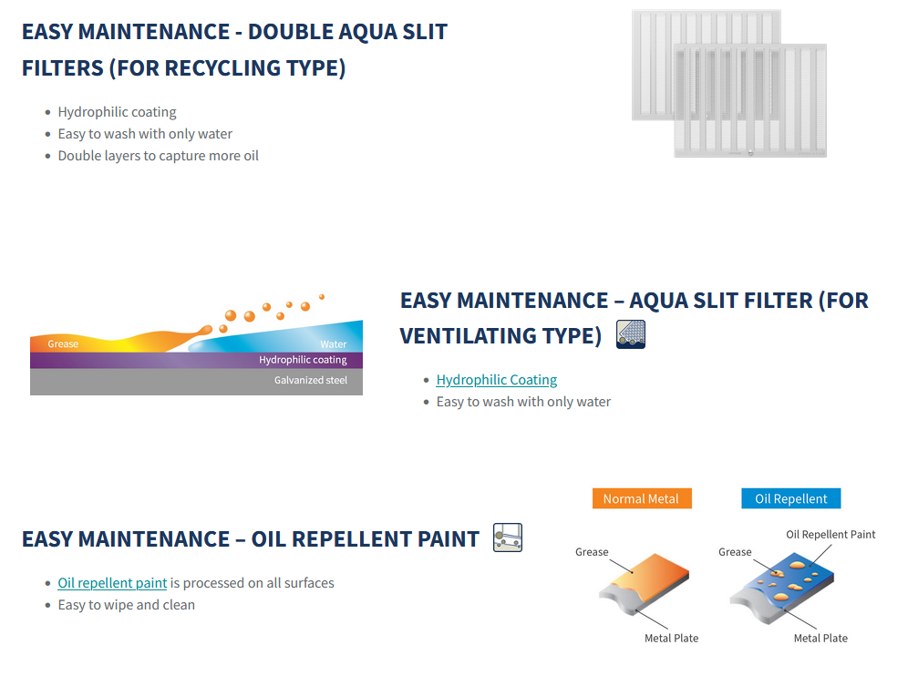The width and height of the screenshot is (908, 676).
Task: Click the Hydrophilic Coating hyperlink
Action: point(496,380)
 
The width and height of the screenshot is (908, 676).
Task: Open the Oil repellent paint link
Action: point(112,583)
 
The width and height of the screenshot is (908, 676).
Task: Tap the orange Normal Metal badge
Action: point(642,498)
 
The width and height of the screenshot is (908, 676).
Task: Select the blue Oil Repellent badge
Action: point(791,498)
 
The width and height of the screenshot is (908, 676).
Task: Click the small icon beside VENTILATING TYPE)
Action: point(631,334)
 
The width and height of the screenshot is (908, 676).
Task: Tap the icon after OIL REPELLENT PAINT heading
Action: point(508,538)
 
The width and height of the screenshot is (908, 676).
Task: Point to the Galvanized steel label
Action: point(311,380)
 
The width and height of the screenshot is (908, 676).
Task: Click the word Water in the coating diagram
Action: point(334,344)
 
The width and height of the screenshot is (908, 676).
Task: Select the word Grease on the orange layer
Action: point(63,343)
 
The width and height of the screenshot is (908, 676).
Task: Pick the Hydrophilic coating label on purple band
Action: point(303,360)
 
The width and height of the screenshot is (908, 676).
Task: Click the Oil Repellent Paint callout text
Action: point(831,534)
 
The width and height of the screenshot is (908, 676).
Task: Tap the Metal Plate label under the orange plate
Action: point(672,638)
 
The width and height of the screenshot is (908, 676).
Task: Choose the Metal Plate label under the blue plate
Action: point(820,638)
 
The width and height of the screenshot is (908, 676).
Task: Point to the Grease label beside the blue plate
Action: point(735,552)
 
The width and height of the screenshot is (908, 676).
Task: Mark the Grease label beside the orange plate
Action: point(592,552)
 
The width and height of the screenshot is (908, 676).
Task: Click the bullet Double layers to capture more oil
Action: point(158,156)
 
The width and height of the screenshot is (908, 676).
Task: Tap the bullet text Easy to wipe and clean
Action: point(126,605)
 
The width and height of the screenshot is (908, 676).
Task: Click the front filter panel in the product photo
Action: point(750,101)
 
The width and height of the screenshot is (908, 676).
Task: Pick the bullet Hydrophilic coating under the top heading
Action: point(117,112)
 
